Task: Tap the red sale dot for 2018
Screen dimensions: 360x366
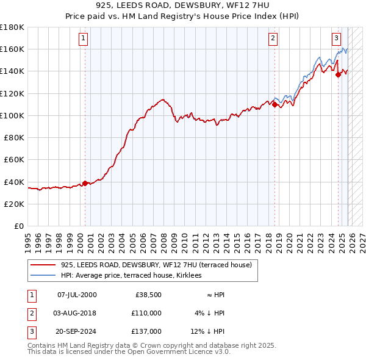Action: [x=274, y=104]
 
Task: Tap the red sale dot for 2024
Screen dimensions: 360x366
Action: [x=339, y=74]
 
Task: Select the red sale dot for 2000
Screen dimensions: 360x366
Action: [x=85, y=183]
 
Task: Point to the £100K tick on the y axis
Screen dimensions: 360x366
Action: [x=12, y=115]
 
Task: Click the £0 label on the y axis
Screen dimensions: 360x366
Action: [x=19, y=226]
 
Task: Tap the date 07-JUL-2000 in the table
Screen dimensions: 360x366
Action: [x=76, y=295]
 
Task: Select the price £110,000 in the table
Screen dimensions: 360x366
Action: [x=146, y=313]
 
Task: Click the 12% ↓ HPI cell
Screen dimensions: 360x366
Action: [x=208, y=331]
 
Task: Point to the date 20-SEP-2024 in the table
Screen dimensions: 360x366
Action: [x=76, y=331]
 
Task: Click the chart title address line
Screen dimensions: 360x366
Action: [x=183, y=6]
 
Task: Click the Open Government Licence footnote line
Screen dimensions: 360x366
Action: [x=129, y=352]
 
